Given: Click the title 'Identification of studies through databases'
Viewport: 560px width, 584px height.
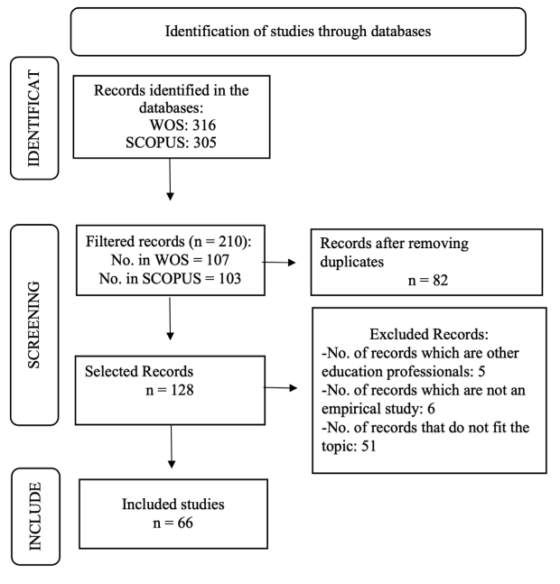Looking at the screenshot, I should pyautogui.click(x=297, y=32).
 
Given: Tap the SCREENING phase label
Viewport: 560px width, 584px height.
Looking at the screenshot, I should pyautogui.click(x=34, y=329).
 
